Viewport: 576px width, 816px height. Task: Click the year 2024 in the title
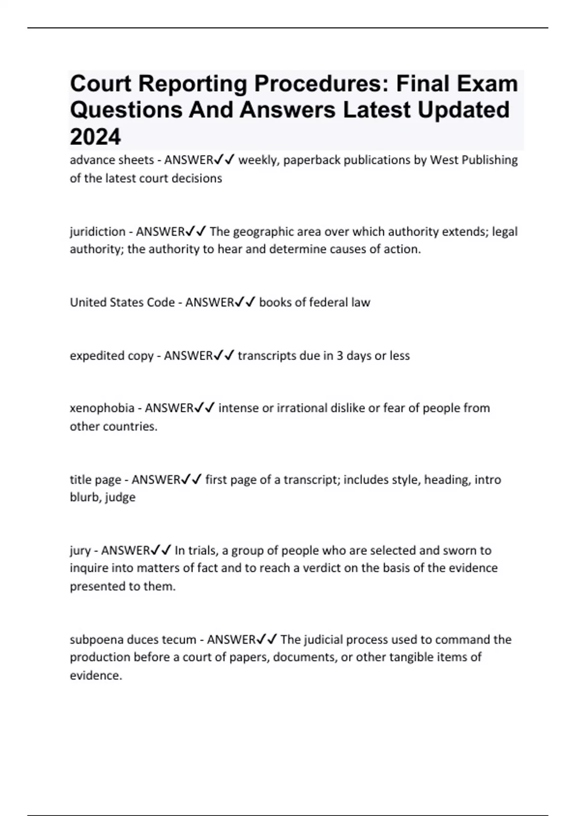pos(95,137)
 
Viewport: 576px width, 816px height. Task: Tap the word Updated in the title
pos(463,110)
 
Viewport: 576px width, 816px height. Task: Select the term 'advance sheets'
pos(111,160)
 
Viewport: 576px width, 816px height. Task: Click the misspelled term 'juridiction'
pos(97,232)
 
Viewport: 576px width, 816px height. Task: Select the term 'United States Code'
pos(122,302)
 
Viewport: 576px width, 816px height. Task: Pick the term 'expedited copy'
pos(111,356)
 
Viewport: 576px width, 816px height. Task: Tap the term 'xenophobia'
pos(102,408)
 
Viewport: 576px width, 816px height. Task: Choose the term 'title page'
pos(95,480)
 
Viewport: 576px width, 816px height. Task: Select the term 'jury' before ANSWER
pos(80,550)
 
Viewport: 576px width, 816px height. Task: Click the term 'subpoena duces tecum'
pos(133,639)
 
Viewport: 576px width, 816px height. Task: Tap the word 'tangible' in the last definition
pos(410,657)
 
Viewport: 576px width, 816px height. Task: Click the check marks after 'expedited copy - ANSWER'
pos(224,356)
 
